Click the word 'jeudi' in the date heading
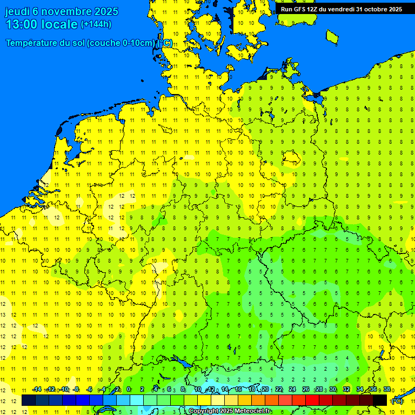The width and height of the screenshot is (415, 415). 17,11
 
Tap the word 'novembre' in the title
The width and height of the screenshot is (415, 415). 66,11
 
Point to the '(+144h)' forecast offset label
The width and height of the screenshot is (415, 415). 96,24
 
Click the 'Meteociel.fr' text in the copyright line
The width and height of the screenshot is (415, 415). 252,411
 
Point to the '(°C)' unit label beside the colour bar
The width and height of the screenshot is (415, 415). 396,401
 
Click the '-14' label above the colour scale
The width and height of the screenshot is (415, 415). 37,389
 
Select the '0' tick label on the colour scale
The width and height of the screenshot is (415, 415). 129,389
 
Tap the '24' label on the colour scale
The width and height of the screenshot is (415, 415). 292,389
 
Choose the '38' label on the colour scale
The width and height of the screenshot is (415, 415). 387,389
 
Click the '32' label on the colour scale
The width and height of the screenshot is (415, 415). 346,389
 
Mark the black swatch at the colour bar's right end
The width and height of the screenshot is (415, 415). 380,400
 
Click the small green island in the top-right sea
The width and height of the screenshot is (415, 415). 332,36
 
